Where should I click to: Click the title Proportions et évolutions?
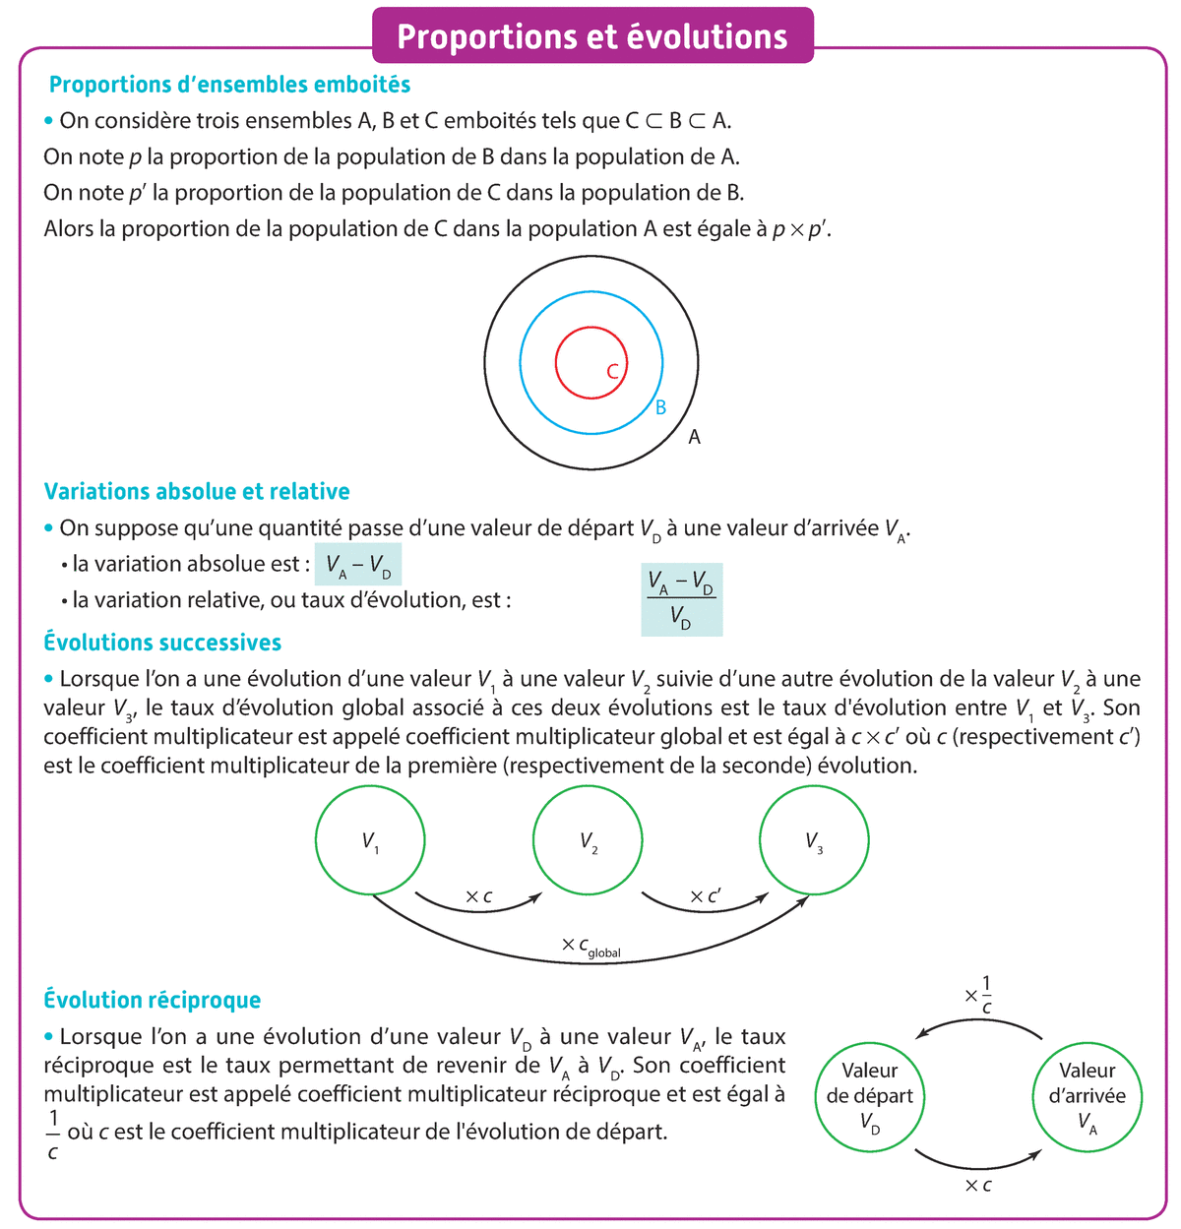tap(591, 36)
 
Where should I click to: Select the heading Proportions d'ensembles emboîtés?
tap(229, 85)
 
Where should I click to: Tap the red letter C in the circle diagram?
tap(612, 371)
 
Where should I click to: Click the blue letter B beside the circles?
tap(661, 406)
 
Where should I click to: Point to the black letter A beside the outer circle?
tap(694, 437)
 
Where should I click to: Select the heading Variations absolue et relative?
tap(197, 491)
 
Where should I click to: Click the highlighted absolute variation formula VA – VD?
tap(357, 566)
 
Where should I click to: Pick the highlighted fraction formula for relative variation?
tap(681, 599)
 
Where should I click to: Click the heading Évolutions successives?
tap(162, 643)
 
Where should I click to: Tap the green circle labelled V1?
tap(370, 841)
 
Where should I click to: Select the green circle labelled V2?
tap(588, 841)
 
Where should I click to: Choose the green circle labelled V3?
tap(814, 841)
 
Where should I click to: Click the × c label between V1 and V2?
tap(478, 896)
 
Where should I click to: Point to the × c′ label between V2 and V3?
tap(705, 896)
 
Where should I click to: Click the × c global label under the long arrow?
tap(590, 947)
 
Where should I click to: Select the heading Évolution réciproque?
tap(153, 1000)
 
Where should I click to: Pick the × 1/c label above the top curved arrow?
tap(979, 994)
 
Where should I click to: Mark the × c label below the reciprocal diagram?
tap(978, 1186)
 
